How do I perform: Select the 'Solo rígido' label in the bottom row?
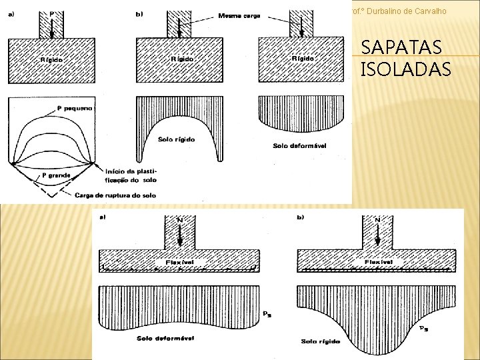320,341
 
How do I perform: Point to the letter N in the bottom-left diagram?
179,219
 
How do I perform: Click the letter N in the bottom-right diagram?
377,219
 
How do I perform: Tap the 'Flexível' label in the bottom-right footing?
379,262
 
